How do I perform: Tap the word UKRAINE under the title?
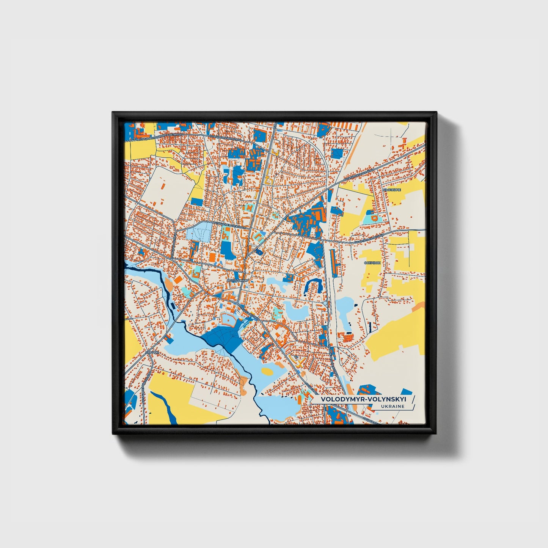tap(393, 406)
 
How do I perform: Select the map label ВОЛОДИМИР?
tap(237, 280)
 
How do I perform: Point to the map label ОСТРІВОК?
tap(372, 262)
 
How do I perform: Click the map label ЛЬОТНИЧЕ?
tap(392, 190)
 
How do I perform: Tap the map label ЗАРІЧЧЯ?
tap(151, 352)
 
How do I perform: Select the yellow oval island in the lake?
tap(268, 371)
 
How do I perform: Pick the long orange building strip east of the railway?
tap(334, 262)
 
